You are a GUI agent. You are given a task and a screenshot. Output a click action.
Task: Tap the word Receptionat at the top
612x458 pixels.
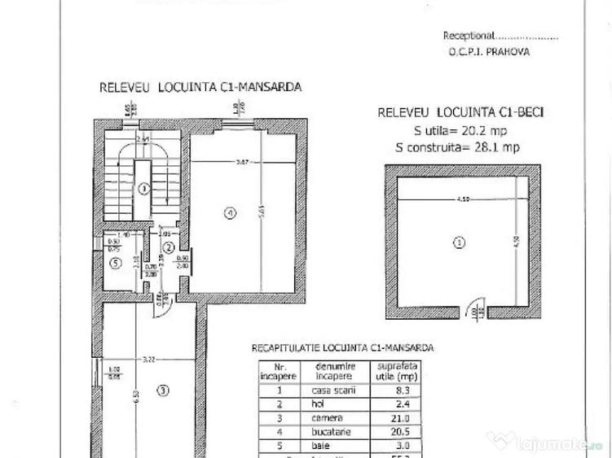click(469, 36)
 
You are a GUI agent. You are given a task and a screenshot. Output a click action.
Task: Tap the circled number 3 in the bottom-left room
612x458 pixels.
click(162, 390)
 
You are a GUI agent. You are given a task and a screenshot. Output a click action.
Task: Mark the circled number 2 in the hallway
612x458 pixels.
click(169, 247)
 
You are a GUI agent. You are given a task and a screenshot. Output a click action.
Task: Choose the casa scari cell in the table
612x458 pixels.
click(329, 390)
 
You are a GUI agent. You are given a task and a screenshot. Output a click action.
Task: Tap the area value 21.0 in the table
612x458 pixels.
click(401, 417)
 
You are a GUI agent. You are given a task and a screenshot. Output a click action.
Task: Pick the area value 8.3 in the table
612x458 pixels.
click(401, 390)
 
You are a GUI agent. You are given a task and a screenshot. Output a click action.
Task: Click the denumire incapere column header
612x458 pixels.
click(329, 371)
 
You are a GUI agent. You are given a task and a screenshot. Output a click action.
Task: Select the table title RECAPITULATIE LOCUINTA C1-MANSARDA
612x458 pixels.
click(341, 347)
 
